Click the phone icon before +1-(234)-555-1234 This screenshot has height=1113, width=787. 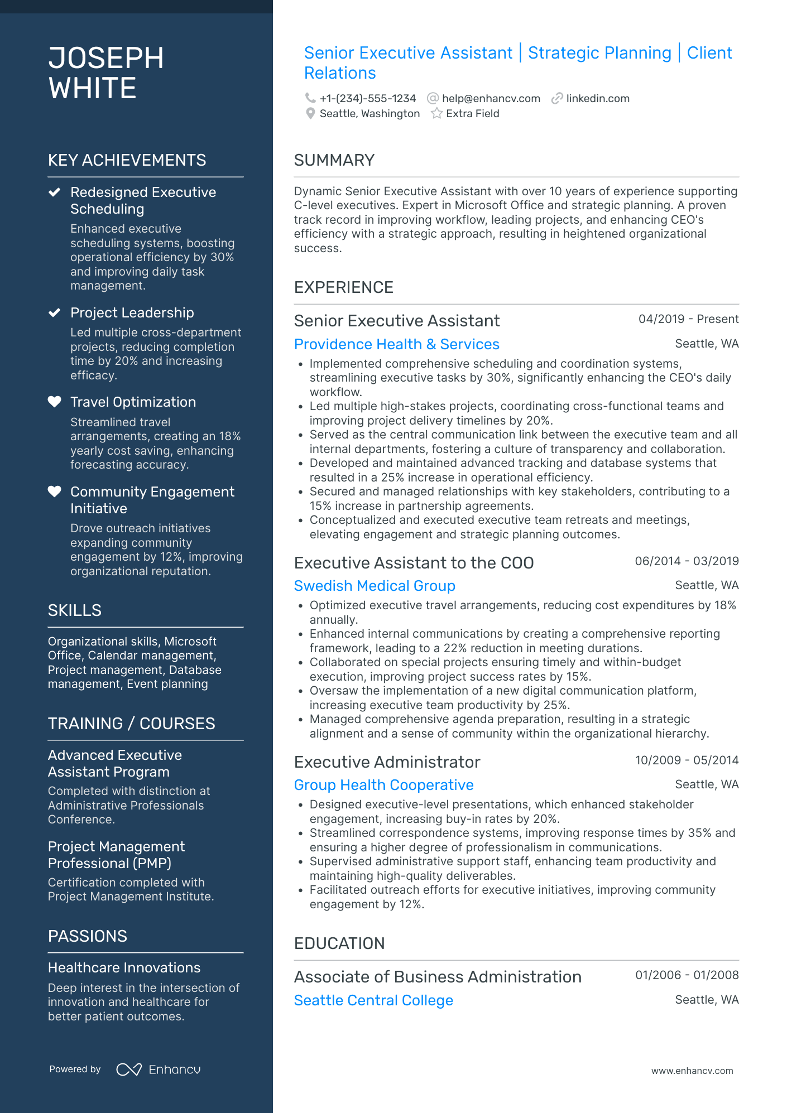coord(310,98)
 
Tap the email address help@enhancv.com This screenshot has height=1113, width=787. coord(491,98)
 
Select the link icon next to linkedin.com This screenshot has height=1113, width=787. coord(556,98)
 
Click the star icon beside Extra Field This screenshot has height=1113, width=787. coord(436,113)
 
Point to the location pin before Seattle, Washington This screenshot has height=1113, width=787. coord(310,113)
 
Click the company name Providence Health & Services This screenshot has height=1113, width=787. coord(396,344)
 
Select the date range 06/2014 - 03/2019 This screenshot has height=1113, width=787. coord(687,561)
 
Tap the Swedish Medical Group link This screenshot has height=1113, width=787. coord(375,586)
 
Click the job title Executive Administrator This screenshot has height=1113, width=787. coord(387,762)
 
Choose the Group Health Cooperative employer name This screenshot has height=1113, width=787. coord(383,785)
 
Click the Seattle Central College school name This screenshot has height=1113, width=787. coord(373,1000)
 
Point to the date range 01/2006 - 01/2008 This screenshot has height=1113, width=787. coord(687,975)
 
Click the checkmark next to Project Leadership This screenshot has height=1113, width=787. coord(54,312)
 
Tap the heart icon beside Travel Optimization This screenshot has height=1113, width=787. coord(54,402)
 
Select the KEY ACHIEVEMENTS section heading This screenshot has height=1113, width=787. coord(127,160)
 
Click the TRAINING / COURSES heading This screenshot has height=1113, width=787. coord(131,724)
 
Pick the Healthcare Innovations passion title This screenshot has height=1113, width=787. coord(124,968)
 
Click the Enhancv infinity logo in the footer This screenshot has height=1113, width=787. coord(128,1069)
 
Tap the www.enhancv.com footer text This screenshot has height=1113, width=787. coord(692,1071)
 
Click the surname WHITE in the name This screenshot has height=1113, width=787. coord(92,88)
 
